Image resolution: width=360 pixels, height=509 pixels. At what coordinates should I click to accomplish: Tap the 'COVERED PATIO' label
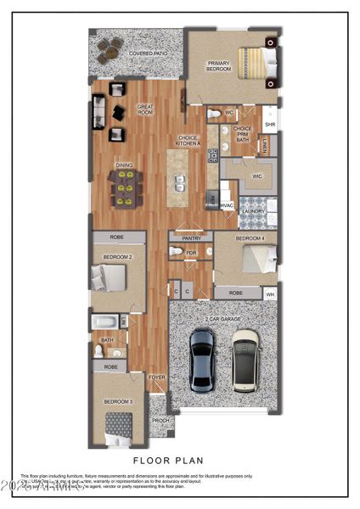tap(146, 53)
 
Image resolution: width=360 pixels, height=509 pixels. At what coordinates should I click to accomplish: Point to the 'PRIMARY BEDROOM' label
tap(218, 66)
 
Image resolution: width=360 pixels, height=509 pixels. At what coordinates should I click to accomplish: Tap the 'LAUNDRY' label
tap(252, 210)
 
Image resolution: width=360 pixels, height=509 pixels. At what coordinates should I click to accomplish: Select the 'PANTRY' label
tap(191, 238)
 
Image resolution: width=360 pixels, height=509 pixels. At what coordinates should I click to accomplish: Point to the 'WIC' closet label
tap(256, 176)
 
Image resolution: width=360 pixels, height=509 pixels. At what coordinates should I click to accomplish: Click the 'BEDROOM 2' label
tap(117, 255)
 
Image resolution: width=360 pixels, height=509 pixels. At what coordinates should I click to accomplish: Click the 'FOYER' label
tap(158, 378)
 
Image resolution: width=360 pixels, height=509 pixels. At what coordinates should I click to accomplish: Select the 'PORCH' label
tap(160, 420)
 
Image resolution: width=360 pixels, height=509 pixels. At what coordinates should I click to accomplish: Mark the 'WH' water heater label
tap(270, 294)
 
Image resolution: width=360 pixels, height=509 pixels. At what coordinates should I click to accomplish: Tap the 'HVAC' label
tap(227, 205)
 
